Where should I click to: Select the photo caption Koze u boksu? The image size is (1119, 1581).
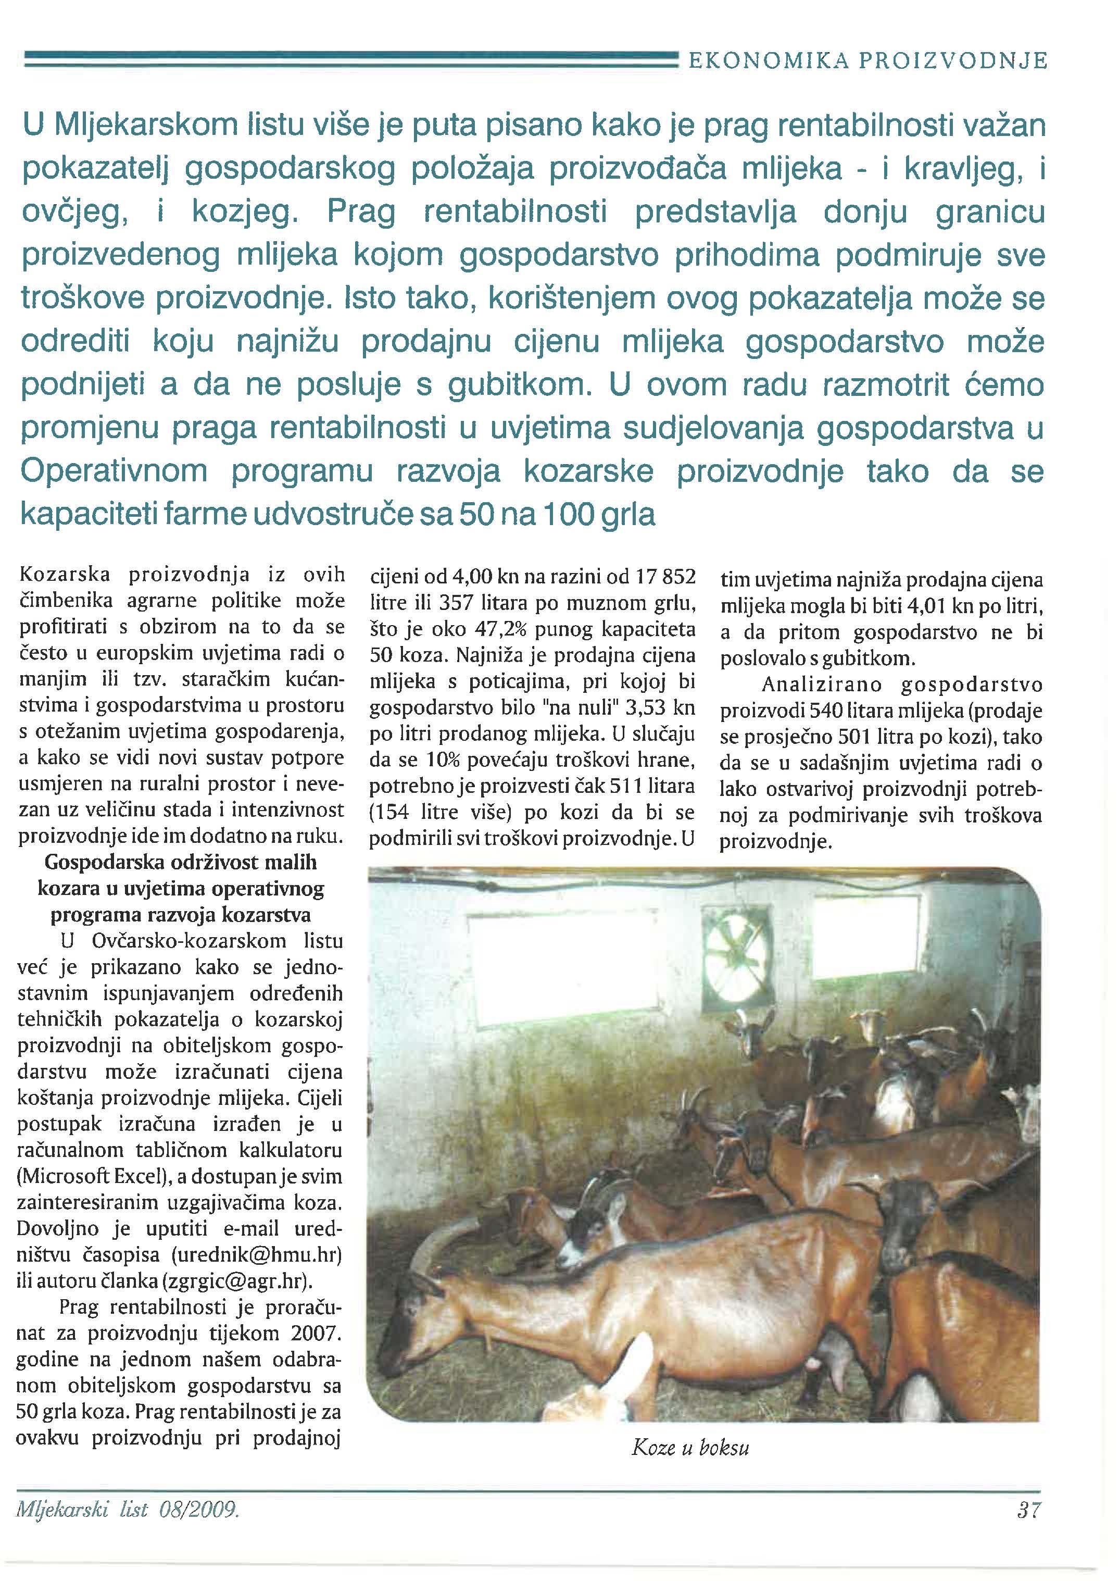pos(690,1447)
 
